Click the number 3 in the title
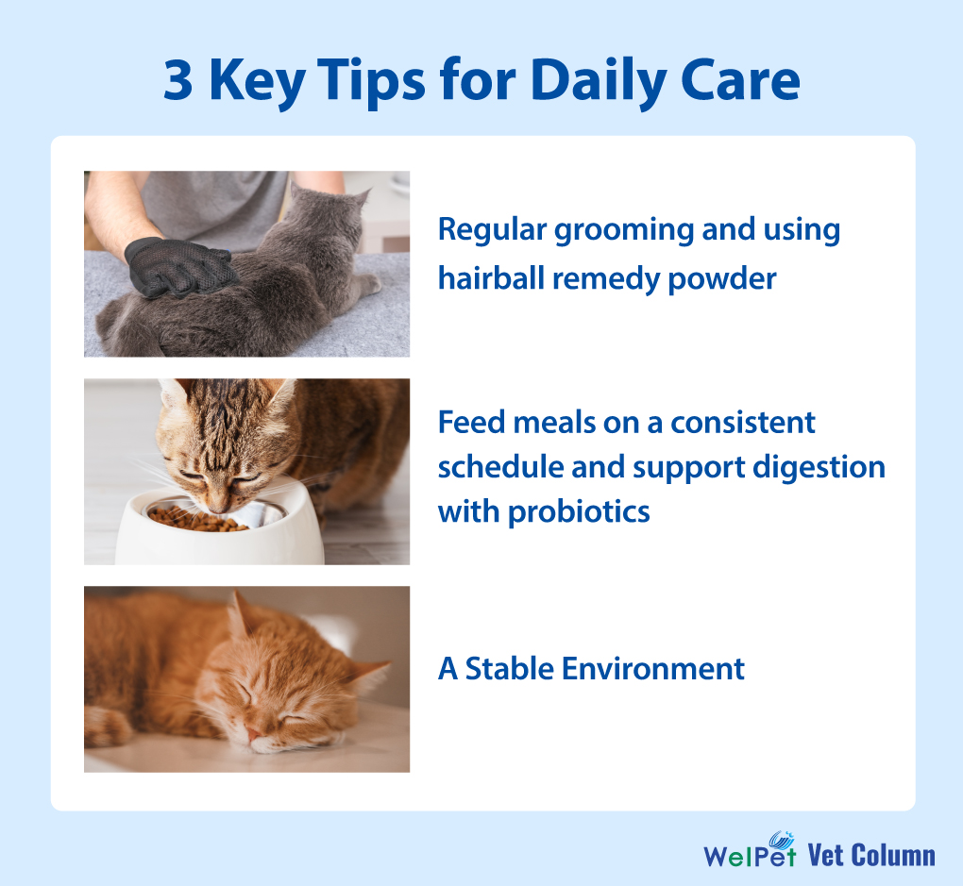(178, 80)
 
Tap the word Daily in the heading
(599, 81)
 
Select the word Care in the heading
(740, 80)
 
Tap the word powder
(721, 280)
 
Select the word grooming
(623, 231)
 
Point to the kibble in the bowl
(195, 520)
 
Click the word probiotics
(579, 512)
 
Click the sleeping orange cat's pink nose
(253, 733)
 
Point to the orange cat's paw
(108, 727)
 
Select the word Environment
(652, 669)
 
